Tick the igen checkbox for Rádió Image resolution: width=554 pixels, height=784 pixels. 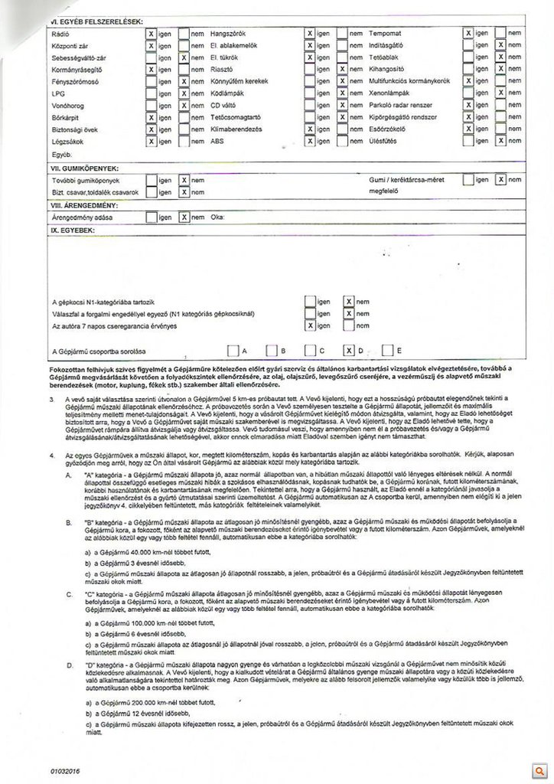[152, 34]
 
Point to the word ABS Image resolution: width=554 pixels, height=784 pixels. [218, 142]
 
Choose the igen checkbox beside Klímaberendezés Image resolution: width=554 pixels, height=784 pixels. [310, 129]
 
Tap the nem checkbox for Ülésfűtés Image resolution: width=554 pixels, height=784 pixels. [500, 141]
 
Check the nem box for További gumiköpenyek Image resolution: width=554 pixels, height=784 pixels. [184, 180]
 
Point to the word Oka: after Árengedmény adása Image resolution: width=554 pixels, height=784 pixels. [218, 217]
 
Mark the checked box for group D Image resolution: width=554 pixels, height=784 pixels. [349, 351]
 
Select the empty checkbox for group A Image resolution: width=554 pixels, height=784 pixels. [233, 351]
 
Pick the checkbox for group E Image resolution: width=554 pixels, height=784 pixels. [387, 351]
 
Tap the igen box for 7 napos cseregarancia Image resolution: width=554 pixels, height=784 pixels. [310, 325]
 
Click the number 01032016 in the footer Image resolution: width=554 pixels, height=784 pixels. [66, 766]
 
